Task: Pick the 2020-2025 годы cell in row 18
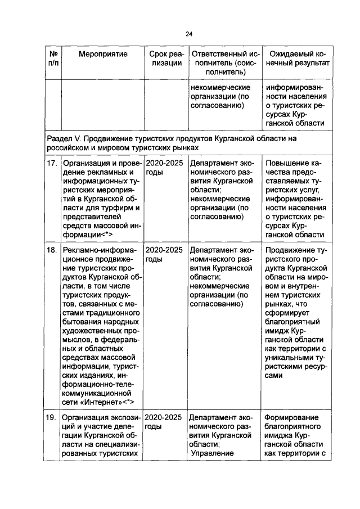coord(164,255)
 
